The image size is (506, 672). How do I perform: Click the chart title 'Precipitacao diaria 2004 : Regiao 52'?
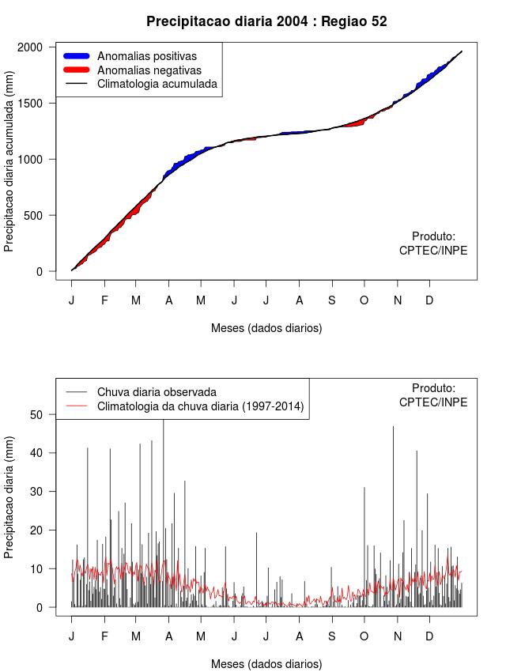[x=266, y=21]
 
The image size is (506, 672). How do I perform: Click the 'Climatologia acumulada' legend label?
[x=157, y=84]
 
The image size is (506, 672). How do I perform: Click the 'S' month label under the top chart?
[x=331, y=300]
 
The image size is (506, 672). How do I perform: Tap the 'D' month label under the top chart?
[x=429, y=300]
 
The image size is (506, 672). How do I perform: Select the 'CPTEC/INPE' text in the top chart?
[x=433, y=251]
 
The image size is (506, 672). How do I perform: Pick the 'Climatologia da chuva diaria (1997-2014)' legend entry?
[x=200, y=406]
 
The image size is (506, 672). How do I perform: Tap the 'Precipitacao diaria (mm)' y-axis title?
[x=9, y=497]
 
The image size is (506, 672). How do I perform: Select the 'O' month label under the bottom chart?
[x=364, y=636]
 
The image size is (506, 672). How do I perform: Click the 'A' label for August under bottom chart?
[x=299, y=636]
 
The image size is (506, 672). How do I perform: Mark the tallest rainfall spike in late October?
[x=393, y=431]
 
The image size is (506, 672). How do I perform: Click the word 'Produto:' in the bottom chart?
[x=433, y=388]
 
